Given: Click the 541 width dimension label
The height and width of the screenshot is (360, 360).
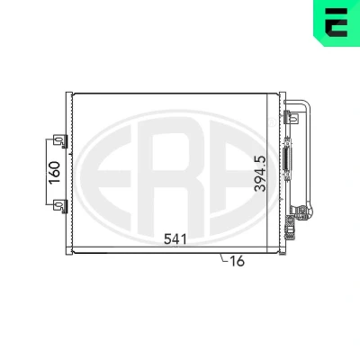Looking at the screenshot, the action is (175, 239).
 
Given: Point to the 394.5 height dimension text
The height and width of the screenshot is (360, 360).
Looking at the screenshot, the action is (260, 174).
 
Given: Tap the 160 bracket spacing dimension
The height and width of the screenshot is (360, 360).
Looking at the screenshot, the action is (55, 173).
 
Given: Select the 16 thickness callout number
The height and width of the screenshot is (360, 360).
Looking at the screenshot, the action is (238, 261).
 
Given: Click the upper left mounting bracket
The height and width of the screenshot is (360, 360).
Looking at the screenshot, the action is (60, 141).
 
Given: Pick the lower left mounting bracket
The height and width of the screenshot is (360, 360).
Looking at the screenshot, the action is (60, 206).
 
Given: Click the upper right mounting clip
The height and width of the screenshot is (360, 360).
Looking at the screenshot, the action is (291, 117).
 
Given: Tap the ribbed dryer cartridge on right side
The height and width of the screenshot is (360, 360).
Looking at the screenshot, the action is (287, 158).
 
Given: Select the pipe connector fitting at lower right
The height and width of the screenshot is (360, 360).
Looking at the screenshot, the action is (301, 212).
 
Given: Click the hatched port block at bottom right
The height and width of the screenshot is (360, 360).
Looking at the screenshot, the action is (290, 227).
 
